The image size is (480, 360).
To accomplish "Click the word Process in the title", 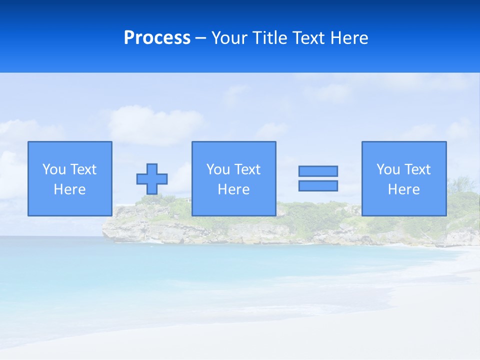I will pos(157,38).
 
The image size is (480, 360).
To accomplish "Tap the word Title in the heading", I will pos(269,38).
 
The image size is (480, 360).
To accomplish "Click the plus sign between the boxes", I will pos(152,179).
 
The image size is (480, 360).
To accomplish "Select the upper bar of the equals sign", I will pos(318,171).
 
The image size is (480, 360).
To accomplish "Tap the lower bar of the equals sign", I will pos(318,186).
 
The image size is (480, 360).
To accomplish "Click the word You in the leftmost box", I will pos(54,169).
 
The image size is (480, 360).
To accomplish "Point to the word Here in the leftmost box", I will pos(70,189).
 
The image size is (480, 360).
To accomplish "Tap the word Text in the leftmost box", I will pos(83,169).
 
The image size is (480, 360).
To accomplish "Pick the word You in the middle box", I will pos(218,169).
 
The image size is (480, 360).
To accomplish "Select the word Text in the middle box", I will pos(247,169).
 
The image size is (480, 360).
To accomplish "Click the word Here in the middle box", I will pos(234,189).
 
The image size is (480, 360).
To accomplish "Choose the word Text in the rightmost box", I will pos(417,169).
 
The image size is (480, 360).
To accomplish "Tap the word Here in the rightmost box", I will pos(404,189).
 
